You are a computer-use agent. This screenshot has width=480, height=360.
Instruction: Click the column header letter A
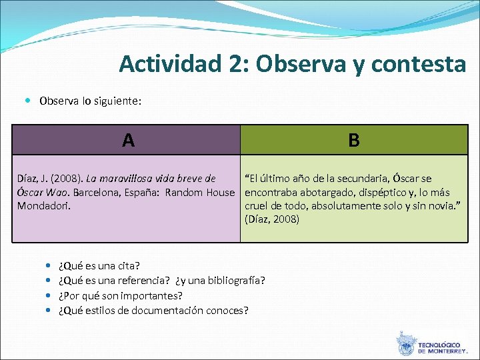tap(128, 140)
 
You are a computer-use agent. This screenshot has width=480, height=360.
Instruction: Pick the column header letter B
tap(354, 140)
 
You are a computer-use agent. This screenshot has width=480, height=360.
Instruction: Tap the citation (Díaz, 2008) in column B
tap(272, 219)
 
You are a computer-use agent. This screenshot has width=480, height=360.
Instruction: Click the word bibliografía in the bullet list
tap(236, 281)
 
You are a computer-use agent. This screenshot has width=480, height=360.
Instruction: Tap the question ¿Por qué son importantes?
tap(121, 295)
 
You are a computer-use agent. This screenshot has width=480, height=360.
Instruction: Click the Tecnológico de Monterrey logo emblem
tap(406, 344)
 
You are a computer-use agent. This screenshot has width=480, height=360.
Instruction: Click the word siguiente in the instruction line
tap(120, 101)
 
